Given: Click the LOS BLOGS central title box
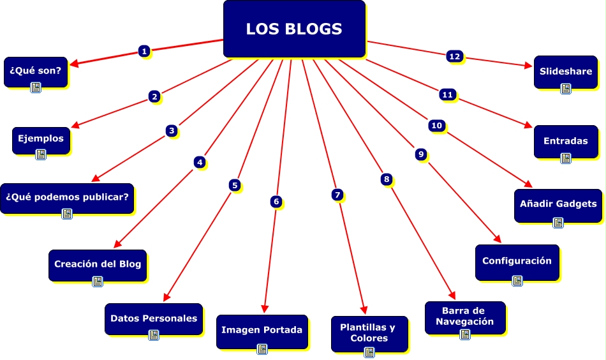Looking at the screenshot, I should coord(294,29).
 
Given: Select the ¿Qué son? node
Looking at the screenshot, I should coord(36,71).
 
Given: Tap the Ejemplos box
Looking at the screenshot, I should coord(41,139).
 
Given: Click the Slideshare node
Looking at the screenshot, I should coord(565,71).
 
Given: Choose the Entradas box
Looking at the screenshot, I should coord(565,140).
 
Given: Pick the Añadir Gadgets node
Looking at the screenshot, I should coord(558,204).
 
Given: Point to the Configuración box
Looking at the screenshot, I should coord(517,261).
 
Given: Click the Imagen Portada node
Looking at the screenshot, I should coord(262,330).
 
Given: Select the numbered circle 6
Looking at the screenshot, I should coord(276,202).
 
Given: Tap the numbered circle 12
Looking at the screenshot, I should coord(454,56).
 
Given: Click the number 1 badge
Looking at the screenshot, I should coord(145,51).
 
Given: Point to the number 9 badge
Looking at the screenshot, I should coord(420,154).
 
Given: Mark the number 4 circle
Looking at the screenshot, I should coord(200,163).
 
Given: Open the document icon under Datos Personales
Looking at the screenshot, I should coord(153,334).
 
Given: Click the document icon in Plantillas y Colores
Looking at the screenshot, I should coord(369,352).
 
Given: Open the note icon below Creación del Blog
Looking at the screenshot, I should coord(98,281).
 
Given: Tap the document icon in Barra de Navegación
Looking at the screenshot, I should coord(464,334).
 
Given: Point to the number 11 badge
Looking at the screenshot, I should coord(447,94).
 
